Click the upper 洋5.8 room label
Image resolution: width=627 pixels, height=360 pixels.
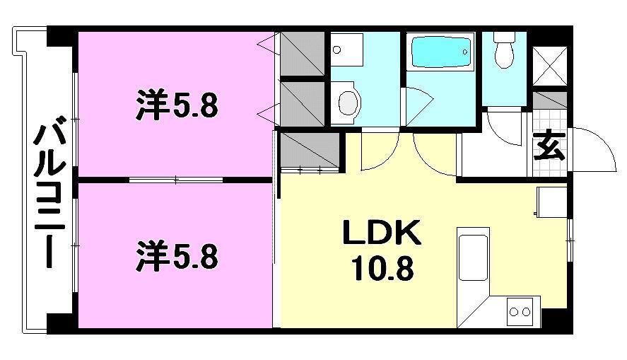[x=177, y=107]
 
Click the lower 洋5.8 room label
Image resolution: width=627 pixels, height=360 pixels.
[x=177, y=255]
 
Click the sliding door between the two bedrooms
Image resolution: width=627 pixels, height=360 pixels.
[x=177, y=180]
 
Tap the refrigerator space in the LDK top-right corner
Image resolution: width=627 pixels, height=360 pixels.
[x=551, y=203]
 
